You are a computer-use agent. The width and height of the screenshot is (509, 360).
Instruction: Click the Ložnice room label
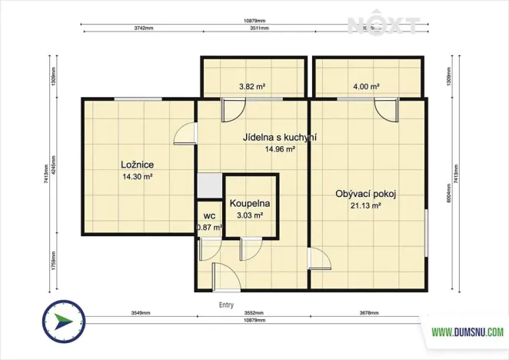pos(137,165)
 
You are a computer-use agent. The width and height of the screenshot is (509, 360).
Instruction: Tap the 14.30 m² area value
pos(137,177)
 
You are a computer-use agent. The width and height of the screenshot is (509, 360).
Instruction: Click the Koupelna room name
pos(249,204)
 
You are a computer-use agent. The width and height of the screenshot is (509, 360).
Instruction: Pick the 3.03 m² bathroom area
pos(249,216)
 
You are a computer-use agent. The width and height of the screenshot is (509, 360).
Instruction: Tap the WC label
pos(208,216)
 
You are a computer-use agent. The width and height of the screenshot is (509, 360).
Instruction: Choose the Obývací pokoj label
pos(365,194)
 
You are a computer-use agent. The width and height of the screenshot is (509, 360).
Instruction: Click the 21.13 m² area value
pos(365,206)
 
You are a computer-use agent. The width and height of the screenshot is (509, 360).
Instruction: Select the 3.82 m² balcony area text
pos(251,87)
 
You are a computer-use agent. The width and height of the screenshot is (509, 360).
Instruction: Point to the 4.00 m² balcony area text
pos(366,87)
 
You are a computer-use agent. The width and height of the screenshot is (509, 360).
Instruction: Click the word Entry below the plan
pos(227,305)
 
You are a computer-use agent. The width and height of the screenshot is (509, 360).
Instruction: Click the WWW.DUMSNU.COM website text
pos(467,332)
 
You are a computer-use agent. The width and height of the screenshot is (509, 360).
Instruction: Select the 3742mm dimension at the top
pos(143,27)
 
